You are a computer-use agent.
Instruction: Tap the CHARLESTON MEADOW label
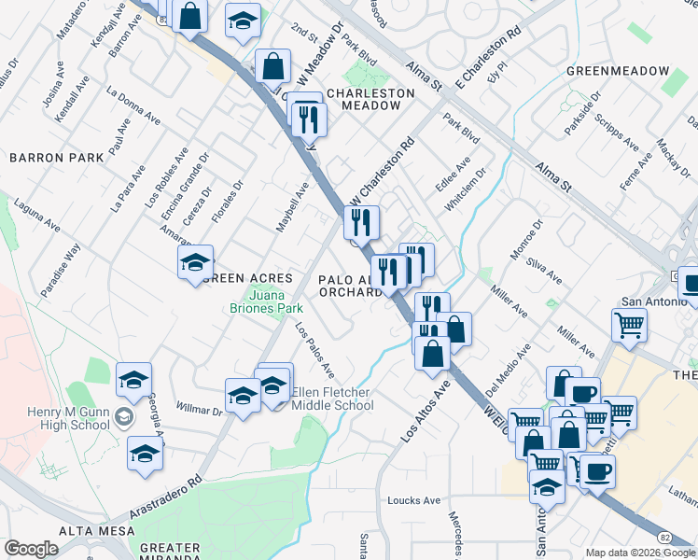coord(370,100)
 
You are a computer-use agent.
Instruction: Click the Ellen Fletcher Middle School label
coord(332,399)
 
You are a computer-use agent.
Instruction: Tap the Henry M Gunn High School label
coord(55,407)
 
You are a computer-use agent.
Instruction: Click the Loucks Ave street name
coord(413,500)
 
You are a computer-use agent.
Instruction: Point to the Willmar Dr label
coord(199,408)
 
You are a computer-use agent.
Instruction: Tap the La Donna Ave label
coord(132,105)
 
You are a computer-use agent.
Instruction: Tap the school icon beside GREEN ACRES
coord(196,261)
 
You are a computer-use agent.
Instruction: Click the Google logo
coord(32,549)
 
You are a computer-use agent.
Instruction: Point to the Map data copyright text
coord(640,553)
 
